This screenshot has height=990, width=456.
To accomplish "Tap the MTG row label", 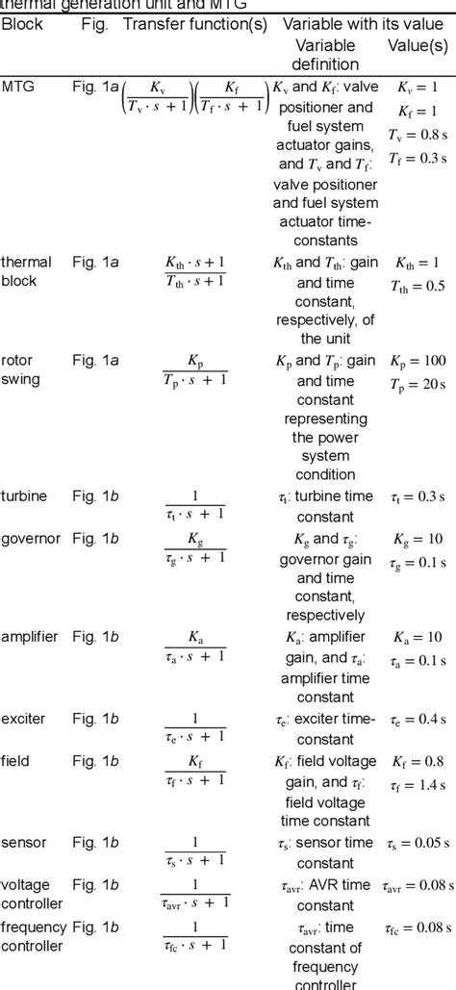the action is click(16, 86).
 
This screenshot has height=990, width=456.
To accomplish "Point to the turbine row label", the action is click(23, 495).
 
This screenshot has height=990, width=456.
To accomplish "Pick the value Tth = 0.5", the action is click(418, 286).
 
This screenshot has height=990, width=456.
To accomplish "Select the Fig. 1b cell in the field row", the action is click(95, 760).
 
